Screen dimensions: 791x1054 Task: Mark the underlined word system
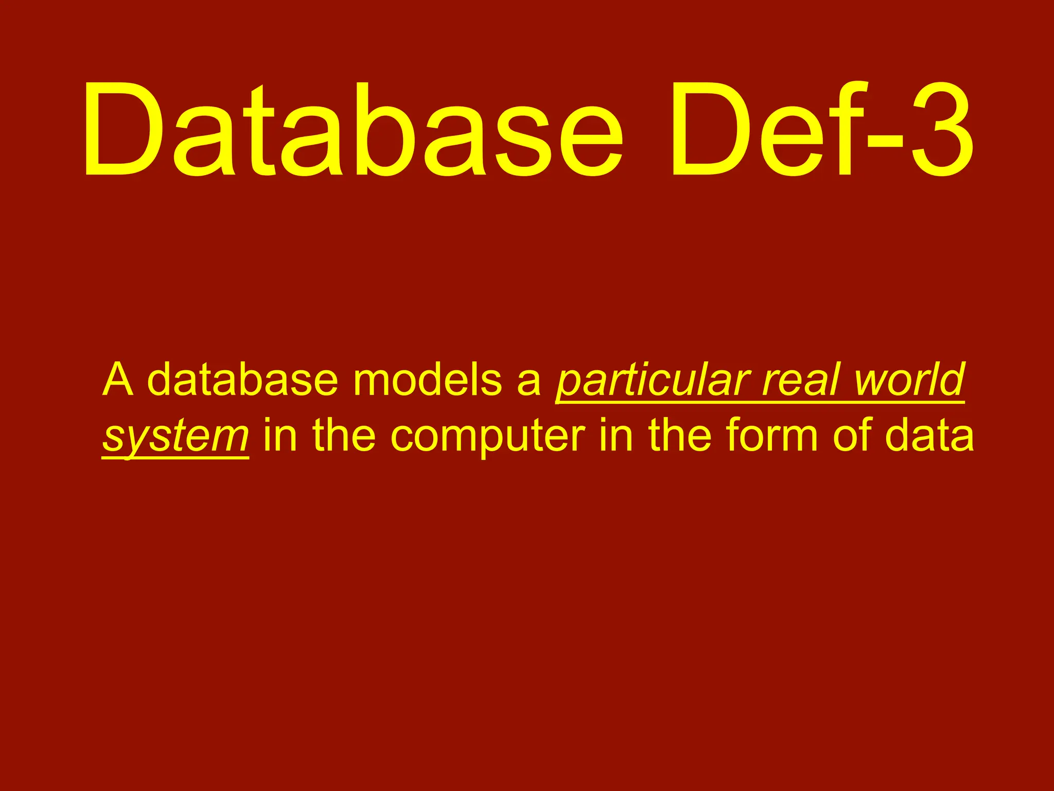175,438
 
